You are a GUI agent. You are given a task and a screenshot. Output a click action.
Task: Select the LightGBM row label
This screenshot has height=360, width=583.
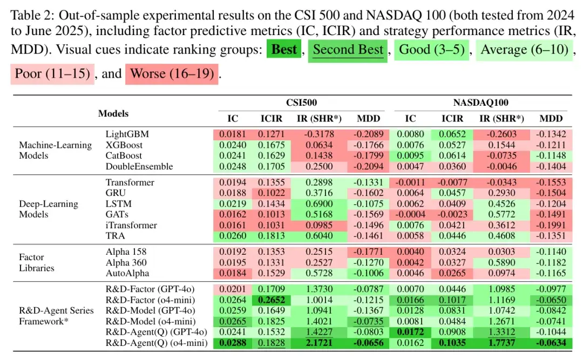coord(127,134)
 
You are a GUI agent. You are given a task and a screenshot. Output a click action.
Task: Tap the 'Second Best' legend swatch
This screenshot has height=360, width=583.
coord(348,50)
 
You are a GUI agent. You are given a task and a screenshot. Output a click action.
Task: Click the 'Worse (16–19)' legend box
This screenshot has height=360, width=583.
coord(172,73)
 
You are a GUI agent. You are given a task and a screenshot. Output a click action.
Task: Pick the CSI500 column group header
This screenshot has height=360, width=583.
coord(301,103)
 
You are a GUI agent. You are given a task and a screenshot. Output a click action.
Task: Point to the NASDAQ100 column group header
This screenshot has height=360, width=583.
coord(481,103)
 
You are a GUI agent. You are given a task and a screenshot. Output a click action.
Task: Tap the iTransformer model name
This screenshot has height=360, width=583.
coord(131,225)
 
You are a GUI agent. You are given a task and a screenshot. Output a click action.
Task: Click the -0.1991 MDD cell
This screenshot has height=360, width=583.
coord(551,225)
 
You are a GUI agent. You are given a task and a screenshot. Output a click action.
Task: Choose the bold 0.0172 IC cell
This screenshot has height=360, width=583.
coord(410,331)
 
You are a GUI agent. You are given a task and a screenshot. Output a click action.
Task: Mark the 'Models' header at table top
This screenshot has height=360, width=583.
coord(113,113)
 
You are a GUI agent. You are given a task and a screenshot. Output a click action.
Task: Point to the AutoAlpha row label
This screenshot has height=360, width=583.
coord(127,273)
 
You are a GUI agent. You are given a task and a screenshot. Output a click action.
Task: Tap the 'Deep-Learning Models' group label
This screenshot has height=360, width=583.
coord(49,209)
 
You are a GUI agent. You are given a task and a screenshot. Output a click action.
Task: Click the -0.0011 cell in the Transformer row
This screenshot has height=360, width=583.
coord(410,182)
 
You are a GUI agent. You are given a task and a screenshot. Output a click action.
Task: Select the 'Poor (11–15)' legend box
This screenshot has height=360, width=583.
coord(52,73)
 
